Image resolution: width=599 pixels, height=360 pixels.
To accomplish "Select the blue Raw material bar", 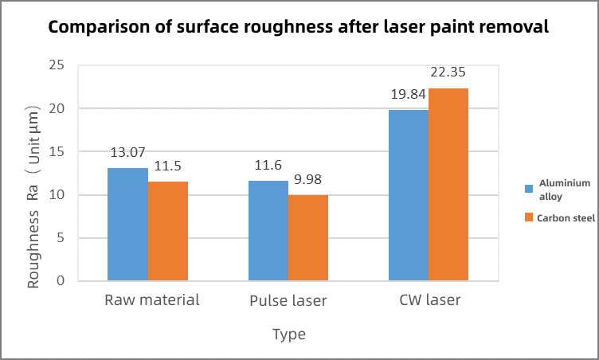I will [127, 225].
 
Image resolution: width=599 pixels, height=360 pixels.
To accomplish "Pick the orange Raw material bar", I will [168, 231].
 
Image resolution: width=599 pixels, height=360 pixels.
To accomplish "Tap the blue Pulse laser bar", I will [268, 231].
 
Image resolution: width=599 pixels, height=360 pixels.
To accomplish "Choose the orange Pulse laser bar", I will [308, 237].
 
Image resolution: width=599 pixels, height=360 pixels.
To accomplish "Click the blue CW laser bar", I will [409, 195].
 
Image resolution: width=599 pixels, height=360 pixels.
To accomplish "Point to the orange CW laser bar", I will [448, 185].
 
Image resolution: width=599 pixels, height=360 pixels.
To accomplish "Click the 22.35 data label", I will [448, 72].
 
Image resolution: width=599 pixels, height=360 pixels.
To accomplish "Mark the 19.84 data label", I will [408, 94].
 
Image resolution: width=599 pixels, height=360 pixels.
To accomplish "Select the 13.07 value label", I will [127, 152].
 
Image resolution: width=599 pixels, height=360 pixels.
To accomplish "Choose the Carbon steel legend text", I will [564, 217].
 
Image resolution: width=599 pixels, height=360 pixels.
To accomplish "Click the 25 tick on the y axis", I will [57, 65].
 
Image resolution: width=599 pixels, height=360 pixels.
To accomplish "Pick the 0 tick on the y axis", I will [61, 281].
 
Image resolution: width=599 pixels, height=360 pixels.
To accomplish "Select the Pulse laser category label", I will [288, 301].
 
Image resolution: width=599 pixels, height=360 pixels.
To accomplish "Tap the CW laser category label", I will [429, 301].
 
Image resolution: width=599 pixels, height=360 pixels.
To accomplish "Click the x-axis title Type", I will [288, 335].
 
